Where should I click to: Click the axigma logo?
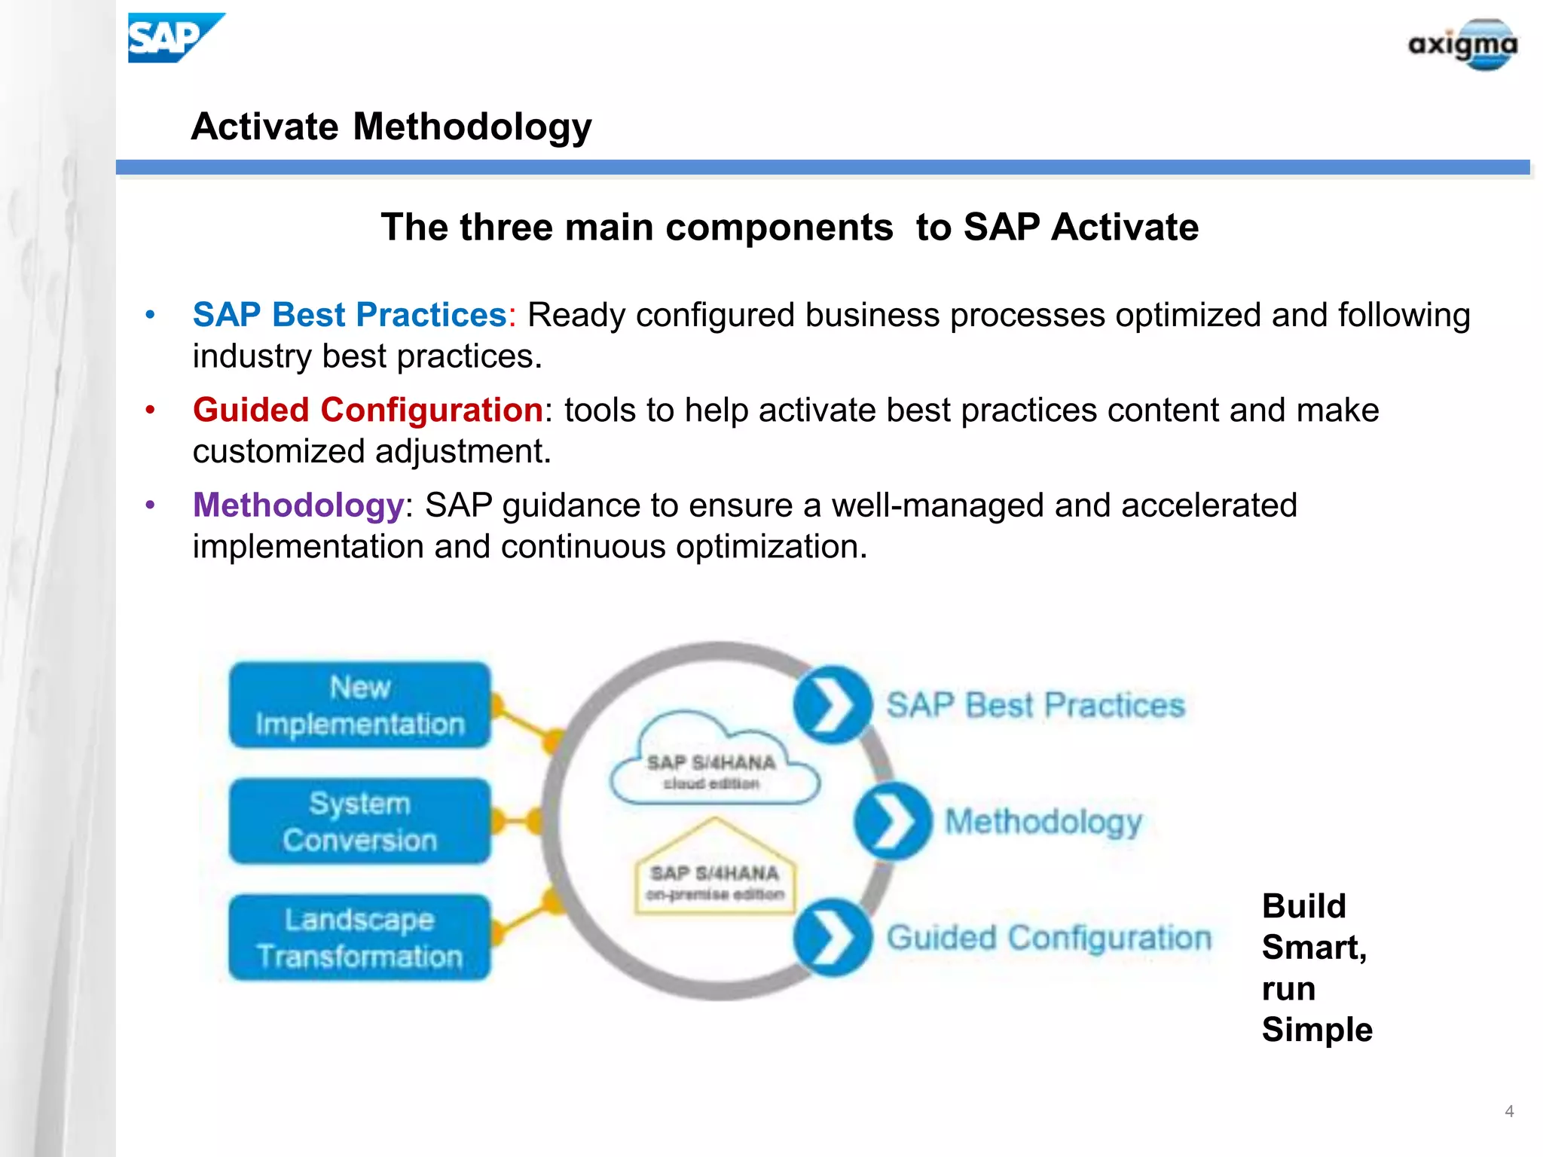coord(1462,45)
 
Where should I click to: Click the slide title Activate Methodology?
coord(391,127)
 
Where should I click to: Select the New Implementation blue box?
coord(359,706)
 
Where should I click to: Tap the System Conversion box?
coord(359,822)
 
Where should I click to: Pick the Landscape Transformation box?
coord(359,938)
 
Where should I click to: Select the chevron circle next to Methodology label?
coord(891,821)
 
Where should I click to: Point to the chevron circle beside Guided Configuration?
coord(831,938)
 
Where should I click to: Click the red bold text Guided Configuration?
coord(368,411)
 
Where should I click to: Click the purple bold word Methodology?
coord(298,505)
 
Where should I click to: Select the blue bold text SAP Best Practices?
coord(350,315)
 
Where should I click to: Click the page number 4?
coord(1508,1111)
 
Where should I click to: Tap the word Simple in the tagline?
coord(1317,1030)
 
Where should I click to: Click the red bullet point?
coord(150,411)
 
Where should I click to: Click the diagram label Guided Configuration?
coord(1049,939)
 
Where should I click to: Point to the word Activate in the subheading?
coord(1124,227)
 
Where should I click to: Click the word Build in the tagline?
coord(1303,906)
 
